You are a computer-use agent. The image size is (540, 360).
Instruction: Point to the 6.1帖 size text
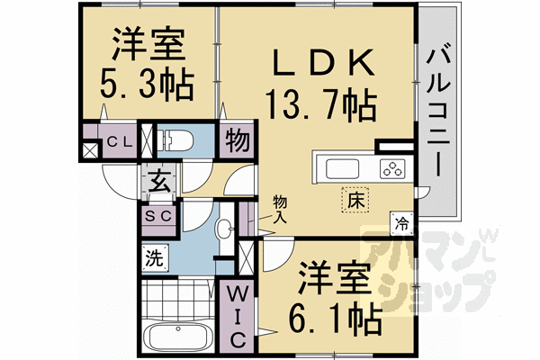pyautogui.click(x=334, y=316)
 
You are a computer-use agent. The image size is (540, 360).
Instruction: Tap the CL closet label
pyautogui.click(x=121, y=143)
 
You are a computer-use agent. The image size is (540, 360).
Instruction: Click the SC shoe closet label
pyautogui.click(x=158, y=217)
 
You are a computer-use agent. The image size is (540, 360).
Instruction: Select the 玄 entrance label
pyautogui.click(x=159, y=182)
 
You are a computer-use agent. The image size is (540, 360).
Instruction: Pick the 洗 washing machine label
pyautogui.click(x=154, y=259)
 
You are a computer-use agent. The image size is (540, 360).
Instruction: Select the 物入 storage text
pyautogui.click(x=282, y=209)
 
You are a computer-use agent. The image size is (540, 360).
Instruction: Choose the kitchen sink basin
pyautogui.click(x=342, y=168)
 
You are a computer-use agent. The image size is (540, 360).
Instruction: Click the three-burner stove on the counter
pyautogui.click(x=392, y=168)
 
